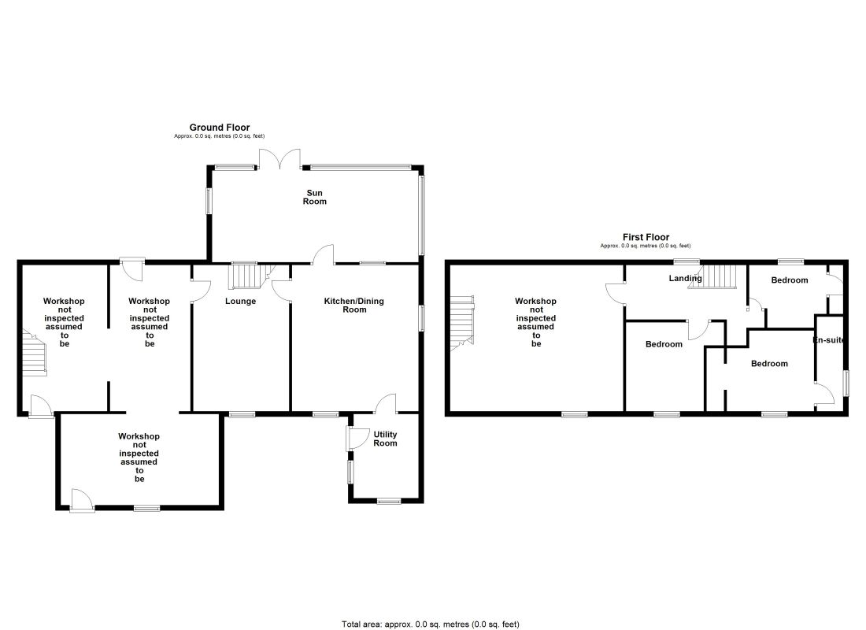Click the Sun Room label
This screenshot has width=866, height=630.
click(314, 198)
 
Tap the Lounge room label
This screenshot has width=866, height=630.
click(240, 301)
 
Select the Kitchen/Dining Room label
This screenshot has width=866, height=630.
click(354, 305)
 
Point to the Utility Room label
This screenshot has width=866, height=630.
click(385, 439)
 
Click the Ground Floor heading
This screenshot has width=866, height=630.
click(220, 128)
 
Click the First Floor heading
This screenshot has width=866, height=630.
click(646, 237)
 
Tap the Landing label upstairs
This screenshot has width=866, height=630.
click(685, 278)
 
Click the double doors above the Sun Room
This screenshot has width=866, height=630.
click(280, 158)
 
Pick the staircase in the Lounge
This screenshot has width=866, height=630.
click(252, 275)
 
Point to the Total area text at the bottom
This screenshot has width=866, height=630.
click(430, 624)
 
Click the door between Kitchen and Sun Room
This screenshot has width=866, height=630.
click(324, 254)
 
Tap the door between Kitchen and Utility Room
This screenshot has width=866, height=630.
click(386, 404)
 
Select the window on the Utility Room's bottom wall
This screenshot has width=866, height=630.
click(389, 501)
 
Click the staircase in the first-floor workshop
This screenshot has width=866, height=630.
click(462, 324)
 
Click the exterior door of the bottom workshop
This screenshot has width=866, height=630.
click(82, 500)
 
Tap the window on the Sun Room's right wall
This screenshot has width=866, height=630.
click(421, 215)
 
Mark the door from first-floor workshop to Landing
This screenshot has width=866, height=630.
click(616, 294)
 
